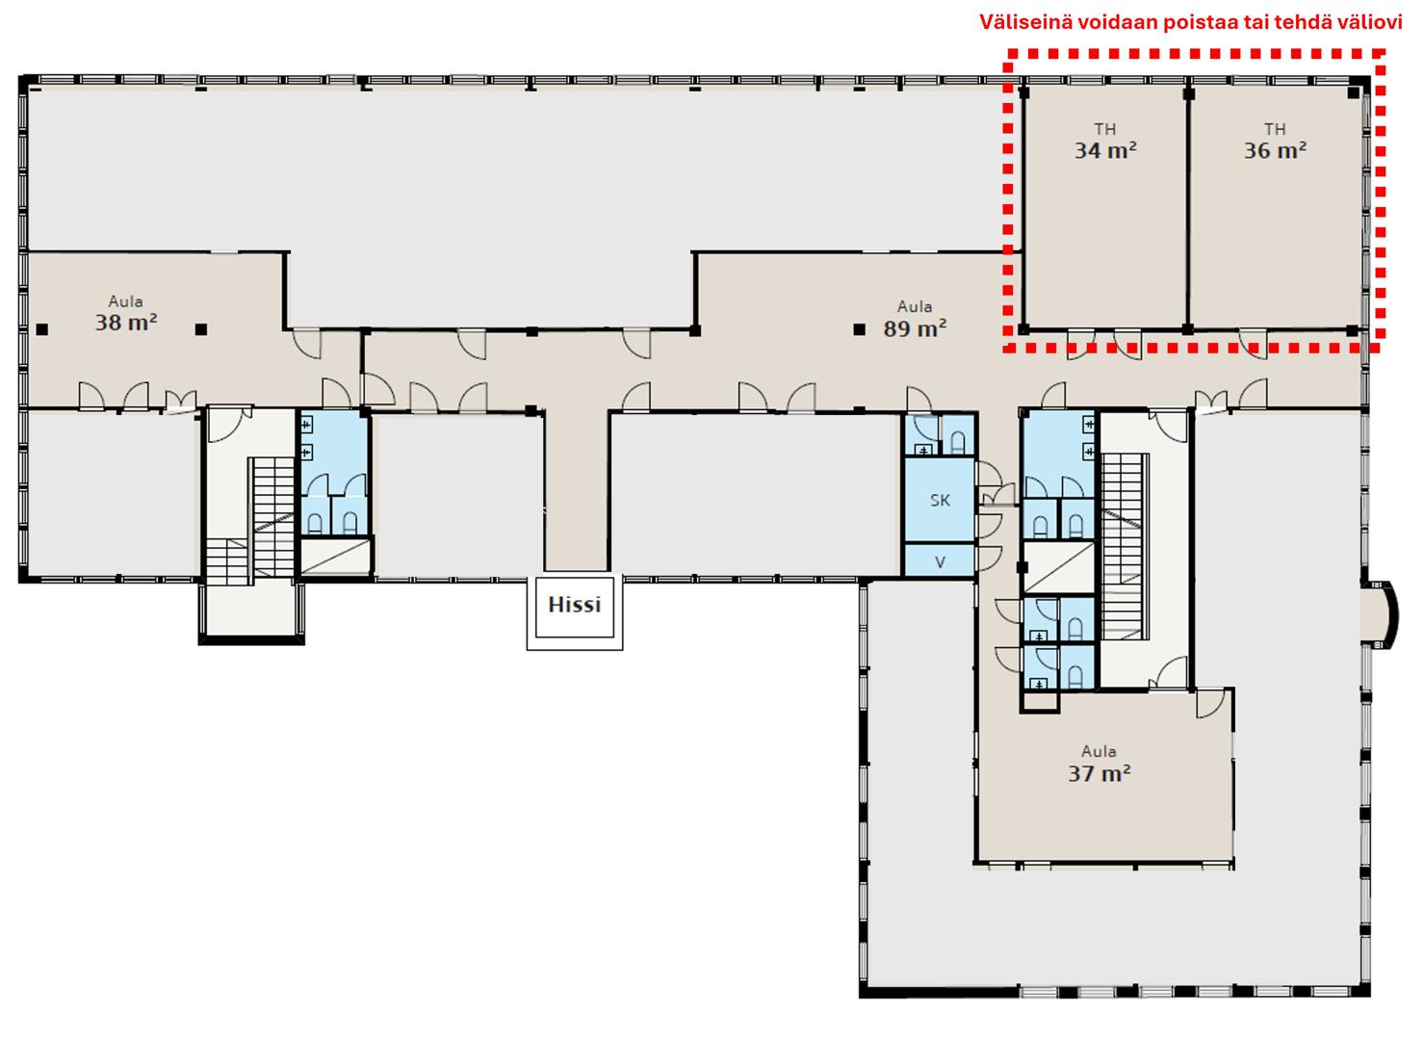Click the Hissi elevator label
575,605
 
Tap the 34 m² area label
1105,150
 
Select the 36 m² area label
1275,150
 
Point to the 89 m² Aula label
915,328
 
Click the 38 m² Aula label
126,323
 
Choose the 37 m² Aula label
1100,773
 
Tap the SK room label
941,501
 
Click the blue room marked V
940,560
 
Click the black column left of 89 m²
860,329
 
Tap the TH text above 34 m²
1105,129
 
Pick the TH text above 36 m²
1275,129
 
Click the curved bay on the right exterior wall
1383,614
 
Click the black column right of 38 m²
201,329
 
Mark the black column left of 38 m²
42,329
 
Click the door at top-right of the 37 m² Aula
1209,703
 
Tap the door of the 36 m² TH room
1253,344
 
